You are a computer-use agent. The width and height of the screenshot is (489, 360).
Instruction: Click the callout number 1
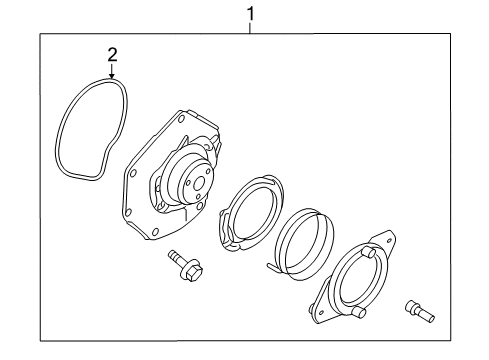coord(251,13)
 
